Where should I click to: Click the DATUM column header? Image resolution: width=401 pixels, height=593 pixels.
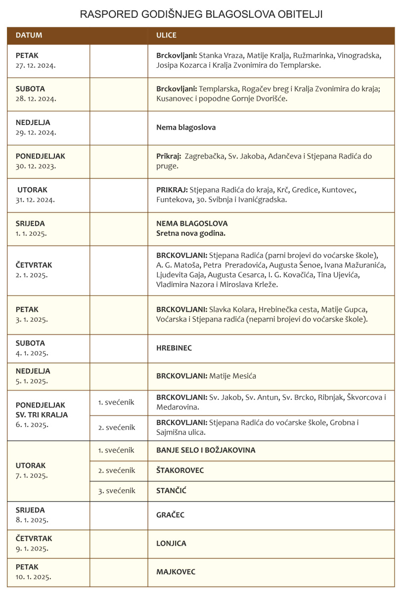pos(29,36)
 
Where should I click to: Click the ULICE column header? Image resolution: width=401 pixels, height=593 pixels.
pos(166,36)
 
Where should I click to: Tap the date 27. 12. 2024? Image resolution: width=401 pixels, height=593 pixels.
pos(36,65)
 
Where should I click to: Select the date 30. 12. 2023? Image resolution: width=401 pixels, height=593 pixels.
pos(36,166)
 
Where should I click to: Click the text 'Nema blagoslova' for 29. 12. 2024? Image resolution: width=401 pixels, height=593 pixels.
pos(186,127)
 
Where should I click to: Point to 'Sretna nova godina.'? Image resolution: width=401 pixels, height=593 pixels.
pos(191,232)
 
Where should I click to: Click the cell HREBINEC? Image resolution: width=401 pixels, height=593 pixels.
pos(174,348)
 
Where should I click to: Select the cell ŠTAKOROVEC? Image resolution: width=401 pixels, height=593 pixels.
pos(180,470)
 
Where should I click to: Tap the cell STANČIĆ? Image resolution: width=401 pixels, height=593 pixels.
pos(171,491)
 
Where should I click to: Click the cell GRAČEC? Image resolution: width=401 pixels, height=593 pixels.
pos(170,515)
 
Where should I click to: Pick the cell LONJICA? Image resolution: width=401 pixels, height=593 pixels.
pos(171,543)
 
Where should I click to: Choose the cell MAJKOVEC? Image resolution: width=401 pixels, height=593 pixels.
pos(176,572)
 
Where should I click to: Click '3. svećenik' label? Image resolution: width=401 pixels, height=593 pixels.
pos(117,491)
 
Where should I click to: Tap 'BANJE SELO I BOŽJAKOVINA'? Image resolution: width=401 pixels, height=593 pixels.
pos(206,450)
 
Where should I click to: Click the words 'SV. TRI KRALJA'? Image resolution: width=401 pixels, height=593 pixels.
pos(42,415)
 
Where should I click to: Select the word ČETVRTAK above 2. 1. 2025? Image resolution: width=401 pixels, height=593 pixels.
pos(34,265)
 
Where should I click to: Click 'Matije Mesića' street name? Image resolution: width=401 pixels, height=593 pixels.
pos(232,376)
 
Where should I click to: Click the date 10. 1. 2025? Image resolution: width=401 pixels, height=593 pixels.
pos(34,576)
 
